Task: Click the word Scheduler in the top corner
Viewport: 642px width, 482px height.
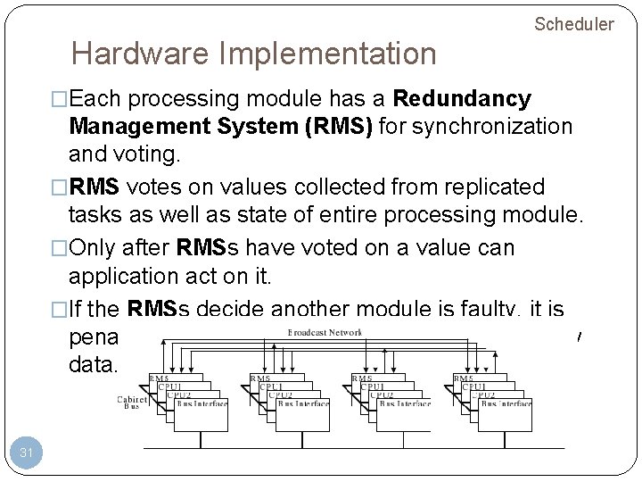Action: [573, 24]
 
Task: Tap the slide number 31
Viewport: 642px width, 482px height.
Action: [27, 453]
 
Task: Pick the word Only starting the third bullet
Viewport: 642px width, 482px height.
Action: [104, 247]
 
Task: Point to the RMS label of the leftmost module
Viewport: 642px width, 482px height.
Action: [160, 378]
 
